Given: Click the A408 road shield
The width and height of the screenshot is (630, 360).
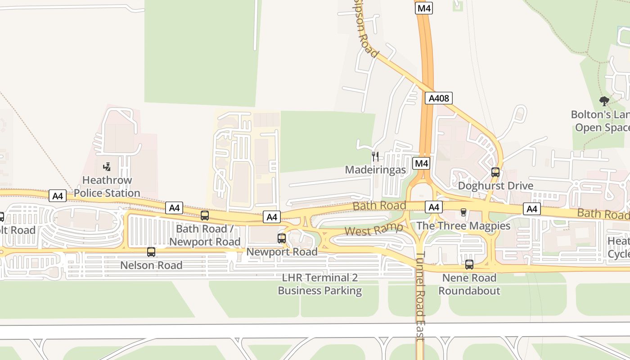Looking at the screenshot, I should [x=438, y=98].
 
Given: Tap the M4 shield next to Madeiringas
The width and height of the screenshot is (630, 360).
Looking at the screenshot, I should [x=421, y=163].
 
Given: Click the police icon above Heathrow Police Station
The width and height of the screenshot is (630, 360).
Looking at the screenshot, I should [x=107, y=167].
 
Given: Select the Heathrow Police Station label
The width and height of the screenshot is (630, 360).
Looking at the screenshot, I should [x=107, y=187].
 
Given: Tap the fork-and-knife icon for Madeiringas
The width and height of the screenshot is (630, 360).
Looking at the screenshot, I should [x=375, y=156].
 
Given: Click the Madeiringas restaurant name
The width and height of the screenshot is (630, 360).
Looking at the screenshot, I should [x=375, y=170].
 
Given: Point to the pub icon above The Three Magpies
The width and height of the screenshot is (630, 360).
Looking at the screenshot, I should [x=463, y=212].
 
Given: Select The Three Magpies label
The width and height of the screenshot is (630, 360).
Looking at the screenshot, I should [x=463, y=225].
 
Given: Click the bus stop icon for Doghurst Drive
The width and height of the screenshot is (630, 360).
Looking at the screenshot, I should [x=495, y=172].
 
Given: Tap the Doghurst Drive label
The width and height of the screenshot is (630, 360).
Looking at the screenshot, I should [x=495, y=186].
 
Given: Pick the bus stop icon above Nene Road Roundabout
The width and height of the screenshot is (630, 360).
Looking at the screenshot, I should [x=469, y=264].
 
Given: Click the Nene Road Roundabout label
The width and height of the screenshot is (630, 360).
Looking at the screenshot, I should [x=469, y=284].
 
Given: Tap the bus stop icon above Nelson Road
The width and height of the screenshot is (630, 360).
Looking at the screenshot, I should [x=151, y=252].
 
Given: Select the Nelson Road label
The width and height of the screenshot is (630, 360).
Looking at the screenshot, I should [x=151, y=265].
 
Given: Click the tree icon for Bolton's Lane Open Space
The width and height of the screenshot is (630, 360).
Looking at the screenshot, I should [x=604, y=101].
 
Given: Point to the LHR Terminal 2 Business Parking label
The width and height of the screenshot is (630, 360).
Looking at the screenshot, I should [x=319, y=284].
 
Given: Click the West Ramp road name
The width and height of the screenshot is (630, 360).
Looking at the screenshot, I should [x=373, y=229].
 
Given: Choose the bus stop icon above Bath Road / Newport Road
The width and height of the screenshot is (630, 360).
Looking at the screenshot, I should [x=205, y=216].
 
